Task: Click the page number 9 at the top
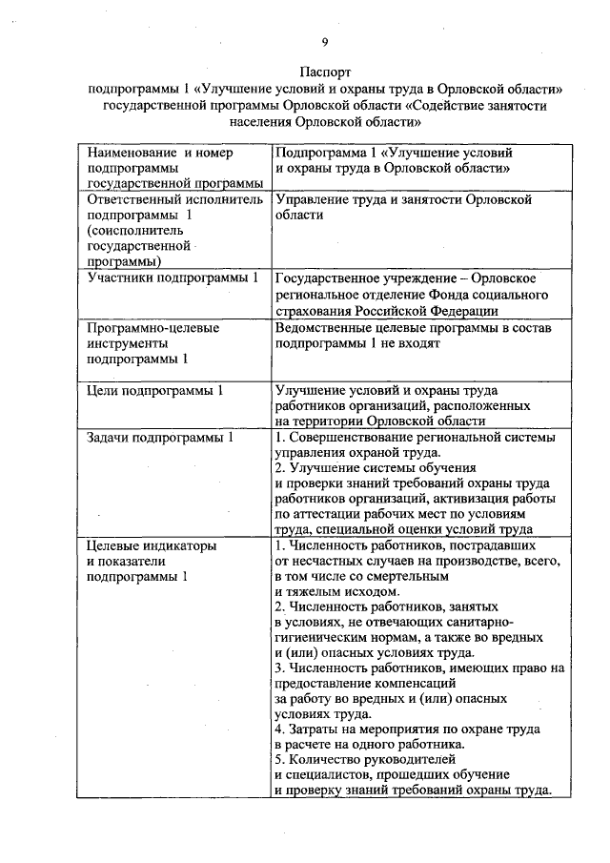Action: point(325,41)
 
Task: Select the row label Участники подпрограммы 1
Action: point(172,278)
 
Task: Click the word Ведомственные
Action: point(327,327)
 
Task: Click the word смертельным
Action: point(399,577)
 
